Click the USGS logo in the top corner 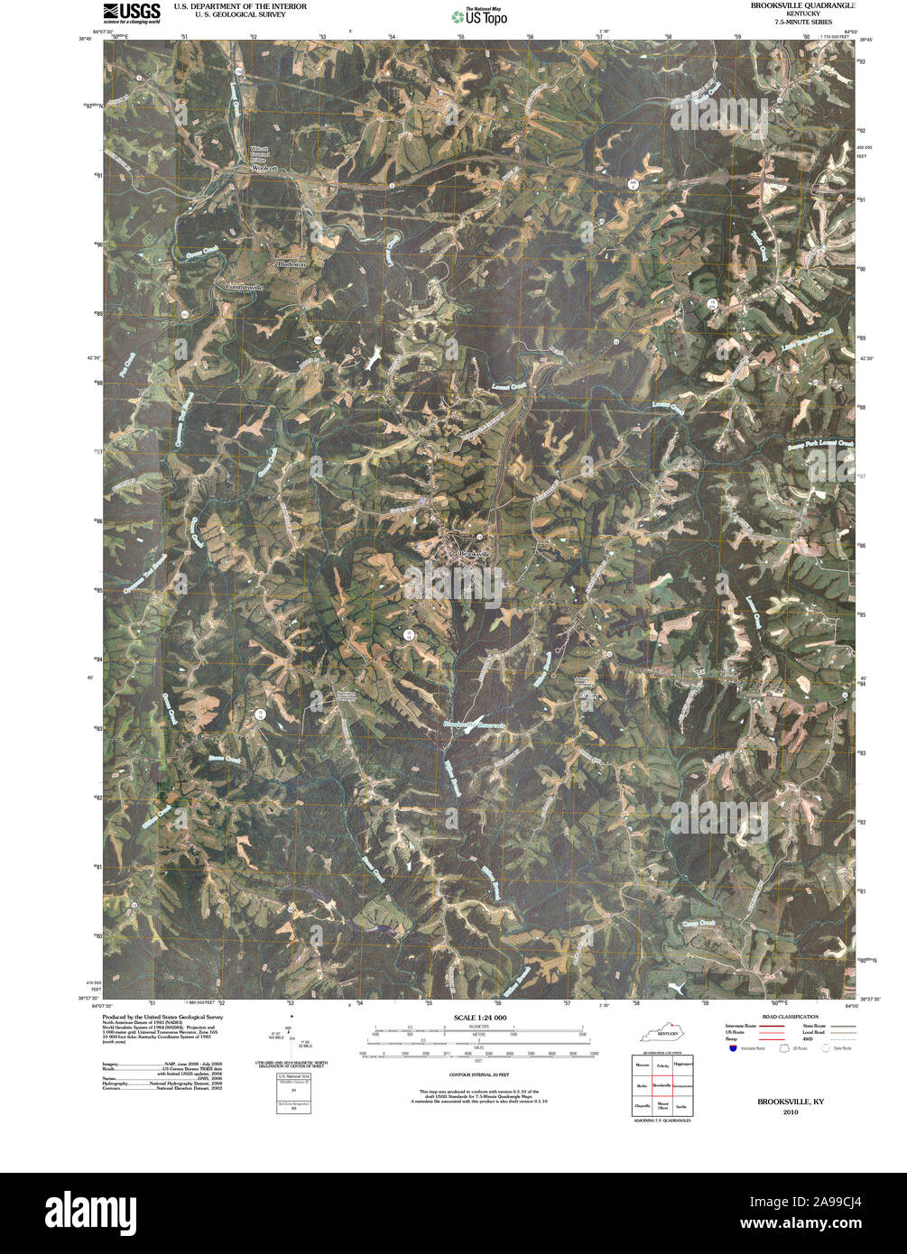tap(132, 12)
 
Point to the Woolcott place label tap(263, 168)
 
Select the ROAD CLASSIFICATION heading tap(782, 1017)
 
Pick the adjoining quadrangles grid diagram tap(662, 1085)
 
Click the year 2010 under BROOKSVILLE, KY tap(790, 1112)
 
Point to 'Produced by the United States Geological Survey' tap(162, 1017)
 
